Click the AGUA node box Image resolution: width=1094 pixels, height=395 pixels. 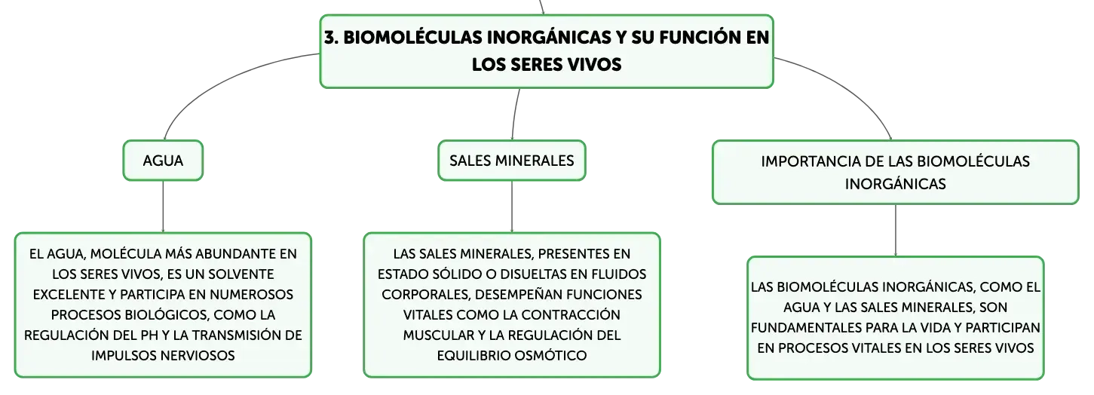163,161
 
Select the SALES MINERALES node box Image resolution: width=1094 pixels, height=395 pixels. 511,161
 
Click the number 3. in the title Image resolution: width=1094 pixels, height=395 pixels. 332,38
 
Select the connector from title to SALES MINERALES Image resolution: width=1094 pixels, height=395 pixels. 515,115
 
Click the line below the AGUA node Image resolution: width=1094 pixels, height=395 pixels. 163,207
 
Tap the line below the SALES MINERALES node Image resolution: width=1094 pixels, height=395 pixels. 512,207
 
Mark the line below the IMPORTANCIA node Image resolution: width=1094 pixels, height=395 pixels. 896,230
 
